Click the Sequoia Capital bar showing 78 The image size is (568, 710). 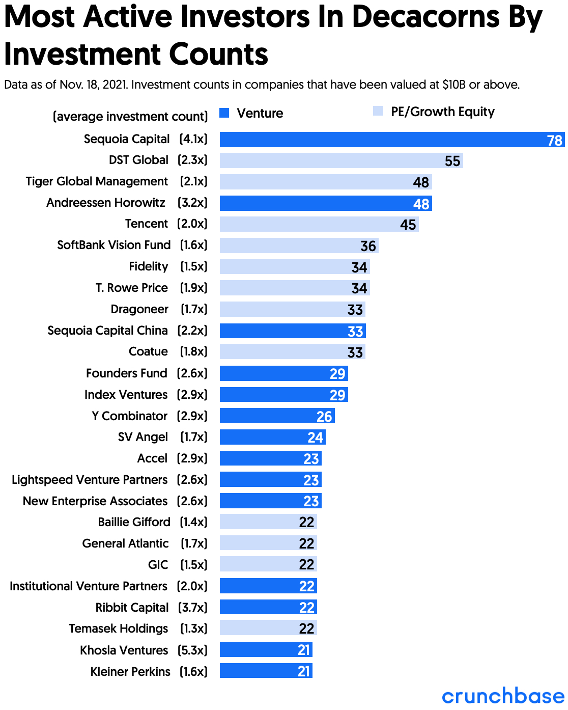(392, 140)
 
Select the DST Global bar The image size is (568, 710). (341, 161)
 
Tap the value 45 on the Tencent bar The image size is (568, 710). (408, 225)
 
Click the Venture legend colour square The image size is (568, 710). (224, 113)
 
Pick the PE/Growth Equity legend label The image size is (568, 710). (442, 112)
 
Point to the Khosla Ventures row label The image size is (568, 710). (124, 650)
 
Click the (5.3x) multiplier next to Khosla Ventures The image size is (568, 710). (192, 650)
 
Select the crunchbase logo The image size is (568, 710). (503, 696)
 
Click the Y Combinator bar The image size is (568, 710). (277, 416)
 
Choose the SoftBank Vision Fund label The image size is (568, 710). (113, 245)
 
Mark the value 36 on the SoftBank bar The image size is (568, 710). (368, 246)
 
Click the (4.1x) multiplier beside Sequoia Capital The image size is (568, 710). (193, 139)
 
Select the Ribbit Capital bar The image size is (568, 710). (268, 607)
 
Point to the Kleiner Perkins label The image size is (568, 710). (130, 672)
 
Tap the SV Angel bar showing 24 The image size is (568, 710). (272, 437)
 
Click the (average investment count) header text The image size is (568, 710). (130, 117)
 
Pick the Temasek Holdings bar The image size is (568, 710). (268, 629)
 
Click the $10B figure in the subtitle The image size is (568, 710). (454, 85)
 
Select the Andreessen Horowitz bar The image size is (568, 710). (326, 203)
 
